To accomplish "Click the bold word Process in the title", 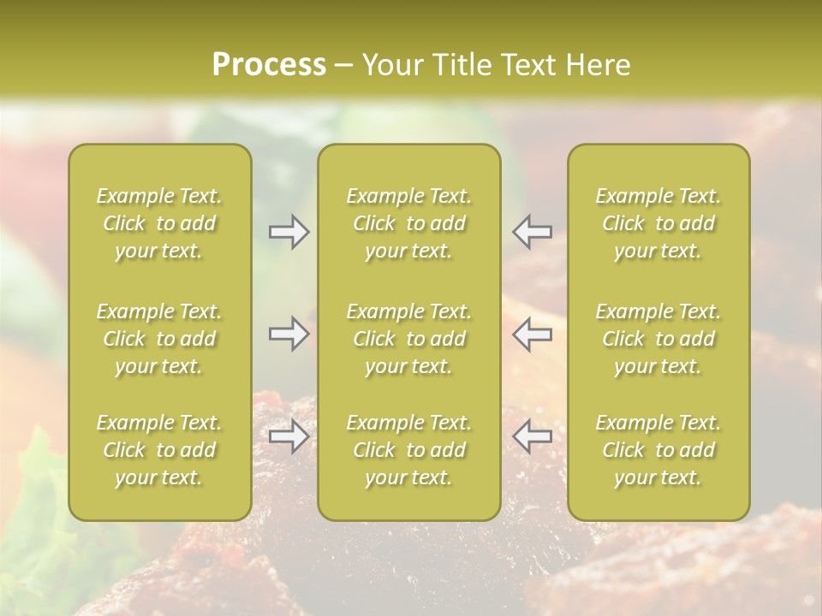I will (269, 64).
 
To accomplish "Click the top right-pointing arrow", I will (289, 232).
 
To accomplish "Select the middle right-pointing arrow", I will (289, 334).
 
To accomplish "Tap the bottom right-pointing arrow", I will (289, 436).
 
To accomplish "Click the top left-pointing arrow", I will (532, 232).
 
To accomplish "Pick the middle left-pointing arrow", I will (532, 334).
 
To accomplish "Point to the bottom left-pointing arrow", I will (532, 436).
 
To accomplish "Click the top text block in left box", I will (159, 223).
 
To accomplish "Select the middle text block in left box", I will (159, 339).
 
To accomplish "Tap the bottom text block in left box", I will (159, 450).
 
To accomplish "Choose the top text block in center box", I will (409, 223).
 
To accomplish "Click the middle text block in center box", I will (409, 339).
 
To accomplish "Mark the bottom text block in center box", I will (409, 450).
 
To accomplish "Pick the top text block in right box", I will (658, 223).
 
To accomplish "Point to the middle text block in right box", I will (658, 339).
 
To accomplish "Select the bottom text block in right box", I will (658, 450).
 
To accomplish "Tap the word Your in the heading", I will (390, 64).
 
